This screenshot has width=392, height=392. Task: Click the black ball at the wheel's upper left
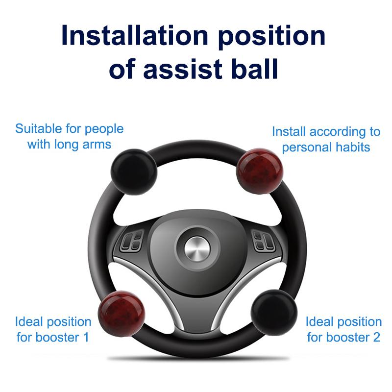[x=134, y=172]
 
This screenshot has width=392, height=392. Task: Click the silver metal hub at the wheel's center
[x=196, y=249]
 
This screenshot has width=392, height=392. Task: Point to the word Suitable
[x=39, y=129]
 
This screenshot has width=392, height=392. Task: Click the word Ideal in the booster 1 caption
[x=29, y=322]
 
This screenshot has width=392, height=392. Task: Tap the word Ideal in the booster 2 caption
[x=319, y=322]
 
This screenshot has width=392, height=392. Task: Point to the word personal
[x=304, y=147]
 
